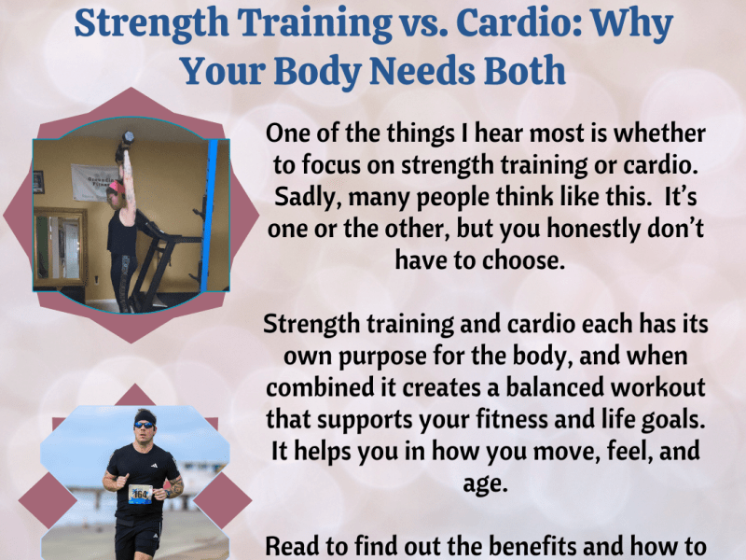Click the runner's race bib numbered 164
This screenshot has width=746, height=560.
pos(139,492)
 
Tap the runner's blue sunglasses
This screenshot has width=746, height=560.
pos(145,424)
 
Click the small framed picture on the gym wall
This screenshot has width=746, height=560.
pos(38,181)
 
